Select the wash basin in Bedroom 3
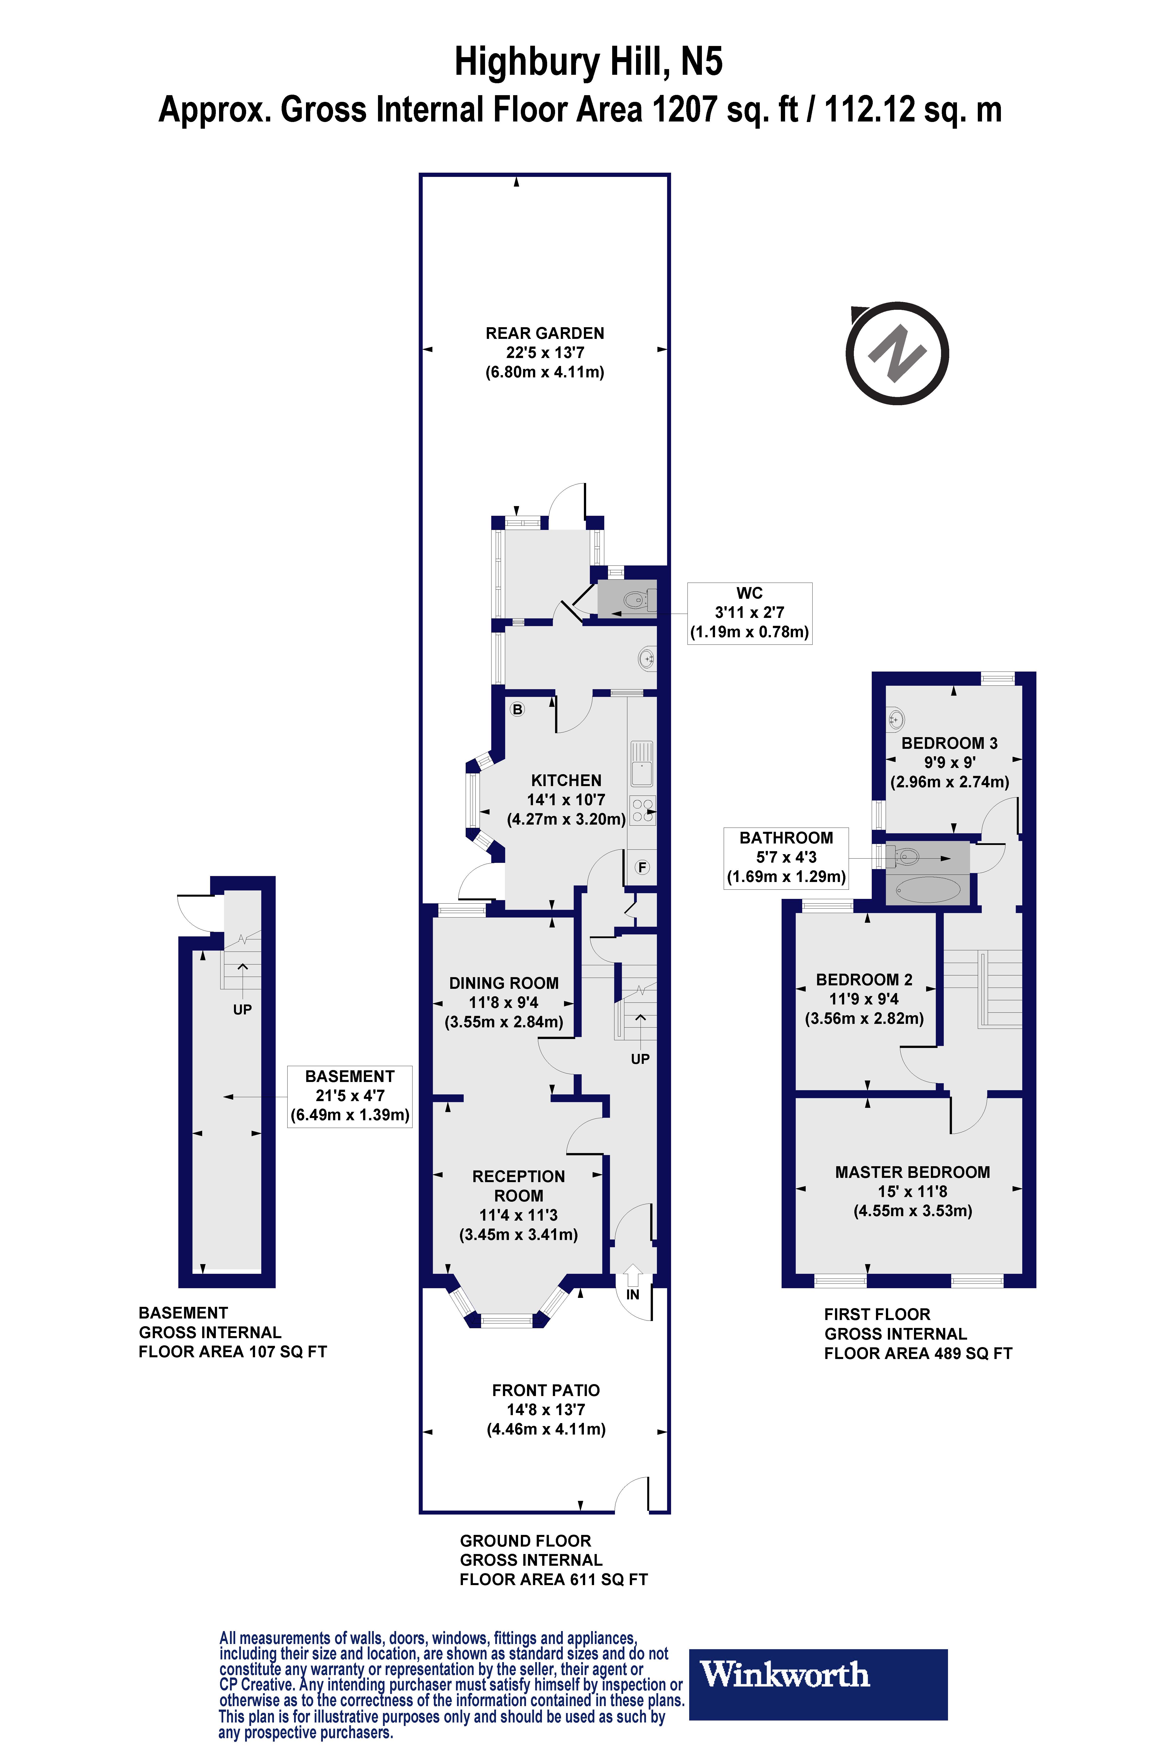896,720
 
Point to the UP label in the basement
242,1009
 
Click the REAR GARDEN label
545,334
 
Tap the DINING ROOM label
503,983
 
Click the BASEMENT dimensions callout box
349,1096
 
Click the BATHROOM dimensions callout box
786,858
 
